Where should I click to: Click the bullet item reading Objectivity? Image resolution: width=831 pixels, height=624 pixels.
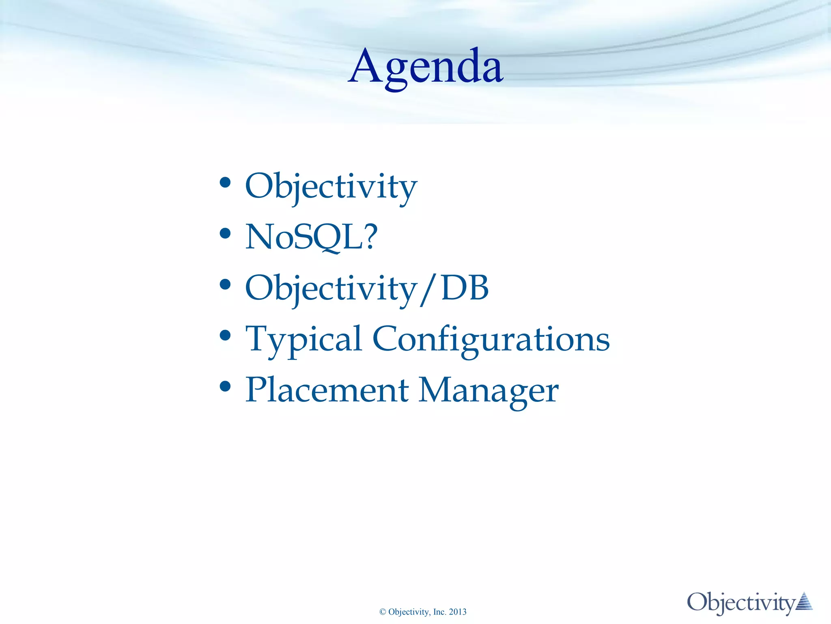(x=331, y=186)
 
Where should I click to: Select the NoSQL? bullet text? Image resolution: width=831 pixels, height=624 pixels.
(x=311, y=237)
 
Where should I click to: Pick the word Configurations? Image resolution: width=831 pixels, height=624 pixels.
(x=491, y=339)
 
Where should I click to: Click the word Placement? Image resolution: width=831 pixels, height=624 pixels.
(x=327, y=390)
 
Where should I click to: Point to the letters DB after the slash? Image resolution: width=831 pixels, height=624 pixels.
(x=465, y=288)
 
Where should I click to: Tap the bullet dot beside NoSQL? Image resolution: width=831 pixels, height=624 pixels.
(x=225, y=233)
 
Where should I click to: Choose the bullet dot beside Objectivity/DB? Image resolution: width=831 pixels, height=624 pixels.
(x=225, y=284)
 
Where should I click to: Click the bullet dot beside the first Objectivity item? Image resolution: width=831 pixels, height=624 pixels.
(x=225, y=182)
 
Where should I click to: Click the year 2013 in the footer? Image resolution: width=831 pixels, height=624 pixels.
(x=458, y=612)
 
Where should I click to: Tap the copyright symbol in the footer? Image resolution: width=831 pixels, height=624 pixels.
(x=382, y=612)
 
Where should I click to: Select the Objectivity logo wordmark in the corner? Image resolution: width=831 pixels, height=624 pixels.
(x=741, y=603)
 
